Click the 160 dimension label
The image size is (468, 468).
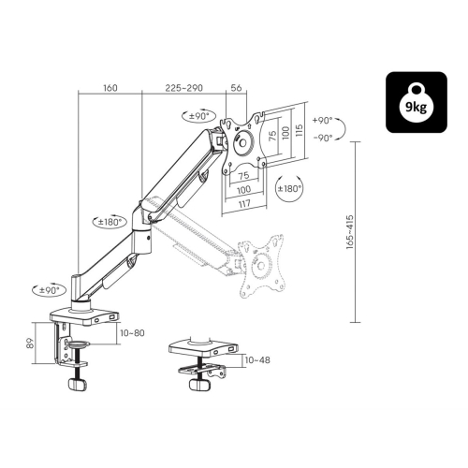[x=110, y=88]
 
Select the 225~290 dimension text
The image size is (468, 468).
[x=183, y=88]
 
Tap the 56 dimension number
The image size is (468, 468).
[x=236, y=88]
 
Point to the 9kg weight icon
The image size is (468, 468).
[x=417, y=102]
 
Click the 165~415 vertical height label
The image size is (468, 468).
[x=350, y=232]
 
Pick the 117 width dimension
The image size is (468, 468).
[x=244, y=204]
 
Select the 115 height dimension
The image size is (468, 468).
[x=299, y=130]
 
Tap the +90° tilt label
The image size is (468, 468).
[x=322, y=120]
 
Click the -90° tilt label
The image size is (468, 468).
[x=323, y=138]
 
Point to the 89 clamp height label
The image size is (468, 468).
[x=30, y=344]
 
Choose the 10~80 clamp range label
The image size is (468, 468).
[x=132, y=333]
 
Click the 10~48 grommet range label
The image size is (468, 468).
[x=257, y=360]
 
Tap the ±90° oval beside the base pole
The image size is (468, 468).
[x=50, y=290]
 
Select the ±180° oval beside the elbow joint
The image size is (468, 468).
[x=110, y=222]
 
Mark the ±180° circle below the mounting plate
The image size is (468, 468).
[x=290, y=188]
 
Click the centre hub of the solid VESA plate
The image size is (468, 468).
[x=243, y=143]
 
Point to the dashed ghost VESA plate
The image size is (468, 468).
[x=261, y=266]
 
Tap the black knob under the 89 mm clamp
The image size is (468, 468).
[x=77, y=384]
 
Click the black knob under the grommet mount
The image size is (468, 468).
[x=199, y=384]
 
